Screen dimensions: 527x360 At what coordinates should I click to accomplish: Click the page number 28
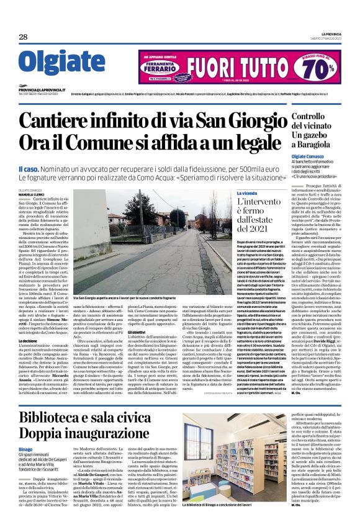tap(22, 37)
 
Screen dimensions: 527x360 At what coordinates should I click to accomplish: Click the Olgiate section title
tap(55, 62)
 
